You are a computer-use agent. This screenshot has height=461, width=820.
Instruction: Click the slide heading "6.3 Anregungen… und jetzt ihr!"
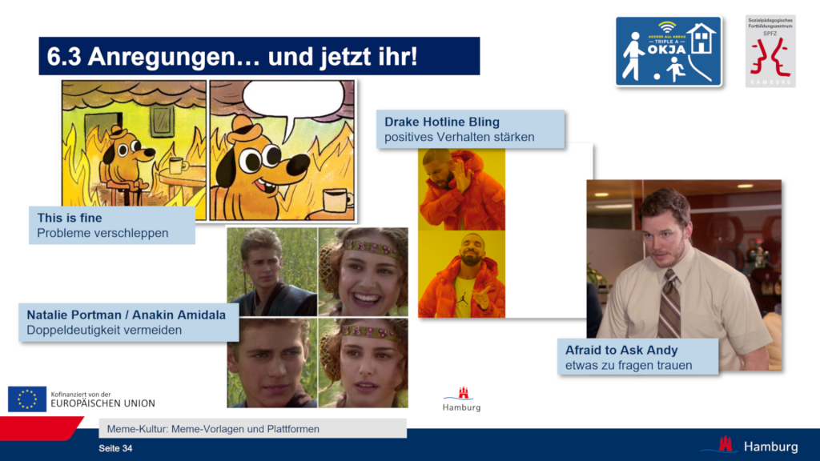[232, 57]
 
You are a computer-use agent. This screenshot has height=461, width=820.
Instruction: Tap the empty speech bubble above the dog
[286, 101]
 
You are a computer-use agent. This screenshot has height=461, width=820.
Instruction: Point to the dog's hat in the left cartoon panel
[119, 132]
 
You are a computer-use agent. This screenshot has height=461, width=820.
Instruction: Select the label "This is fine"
[70, 218]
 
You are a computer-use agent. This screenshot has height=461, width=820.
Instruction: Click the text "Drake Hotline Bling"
[441, 122]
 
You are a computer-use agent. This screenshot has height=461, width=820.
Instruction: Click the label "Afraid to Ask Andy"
[621, 351]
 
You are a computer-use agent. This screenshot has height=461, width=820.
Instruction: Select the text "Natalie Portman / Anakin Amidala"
[126, 315]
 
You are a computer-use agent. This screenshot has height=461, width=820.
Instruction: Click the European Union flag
[27, 399]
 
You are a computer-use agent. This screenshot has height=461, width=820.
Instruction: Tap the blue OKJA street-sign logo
[668, 52]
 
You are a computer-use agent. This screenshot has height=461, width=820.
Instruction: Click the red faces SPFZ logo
[770, 54]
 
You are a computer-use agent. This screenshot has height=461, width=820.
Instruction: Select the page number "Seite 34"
[115, 448]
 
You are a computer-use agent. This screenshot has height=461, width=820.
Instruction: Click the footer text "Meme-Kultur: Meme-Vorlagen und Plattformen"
[213, 429]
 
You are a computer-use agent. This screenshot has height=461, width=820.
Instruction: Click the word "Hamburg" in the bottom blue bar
[770, 446]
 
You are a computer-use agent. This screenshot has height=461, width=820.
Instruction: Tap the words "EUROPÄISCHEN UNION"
[102, 403]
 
